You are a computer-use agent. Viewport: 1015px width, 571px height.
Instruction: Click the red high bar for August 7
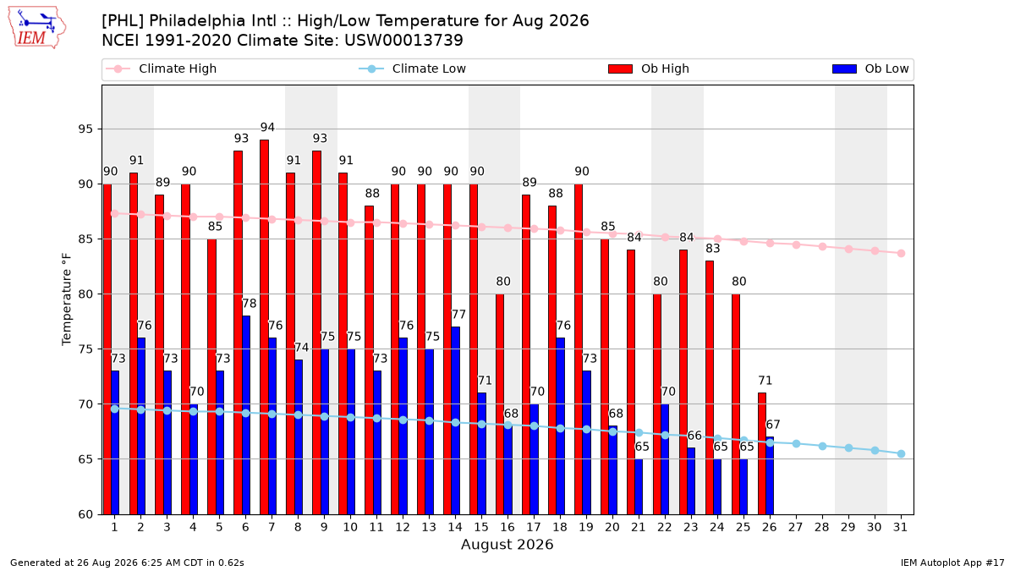[x=264, y=327]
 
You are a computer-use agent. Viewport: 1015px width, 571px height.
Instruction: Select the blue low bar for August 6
[x=246, y=415]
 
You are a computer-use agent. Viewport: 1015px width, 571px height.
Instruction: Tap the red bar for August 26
[x=762, y=453]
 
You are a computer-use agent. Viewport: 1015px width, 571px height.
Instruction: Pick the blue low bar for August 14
[x=455, y=420]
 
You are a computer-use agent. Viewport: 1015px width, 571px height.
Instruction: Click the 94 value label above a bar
[x=267, y=128]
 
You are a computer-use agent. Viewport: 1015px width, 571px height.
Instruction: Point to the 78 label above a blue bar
[x=250, y=303]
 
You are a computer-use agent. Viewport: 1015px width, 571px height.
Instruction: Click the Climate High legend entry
[x=161, y=69]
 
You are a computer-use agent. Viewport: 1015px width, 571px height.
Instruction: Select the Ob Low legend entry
[x=870, y=69]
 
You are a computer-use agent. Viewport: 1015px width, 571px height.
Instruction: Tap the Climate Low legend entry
[x=413, y=69]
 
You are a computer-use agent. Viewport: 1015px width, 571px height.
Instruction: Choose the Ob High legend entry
[x=649, y=69]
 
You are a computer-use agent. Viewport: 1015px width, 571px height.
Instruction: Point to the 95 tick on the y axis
[x=85, y=129]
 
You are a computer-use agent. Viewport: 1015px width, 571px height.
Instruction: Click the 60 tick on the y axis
[x=85, y=514]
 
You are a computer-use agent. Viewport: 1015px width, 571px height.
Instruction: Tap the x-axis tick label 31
[x=900, y=527]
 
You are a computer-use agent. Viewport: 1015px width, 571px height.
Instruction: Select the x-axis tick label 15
[x=481, y=527]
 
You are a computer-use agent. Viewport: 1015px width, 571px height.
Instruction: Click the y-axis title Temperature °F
[x=67, y=299]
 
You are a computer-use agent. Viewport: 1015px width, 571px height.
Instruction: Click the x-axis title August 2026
[x=507, y=544]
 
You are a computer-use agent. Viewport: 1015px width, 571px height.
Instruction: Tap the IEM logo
[x=37, y=28]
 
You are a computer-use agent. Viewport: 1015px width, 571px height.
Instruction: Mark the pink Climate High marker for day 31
[x=902, y=253]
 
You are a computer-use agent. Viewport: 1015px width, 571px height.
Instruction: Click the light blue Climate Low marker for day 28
[x=822, y=447]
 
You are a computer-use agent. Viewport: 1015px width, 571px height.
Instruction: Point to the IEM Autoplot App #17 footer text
[x=952, y=563]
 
